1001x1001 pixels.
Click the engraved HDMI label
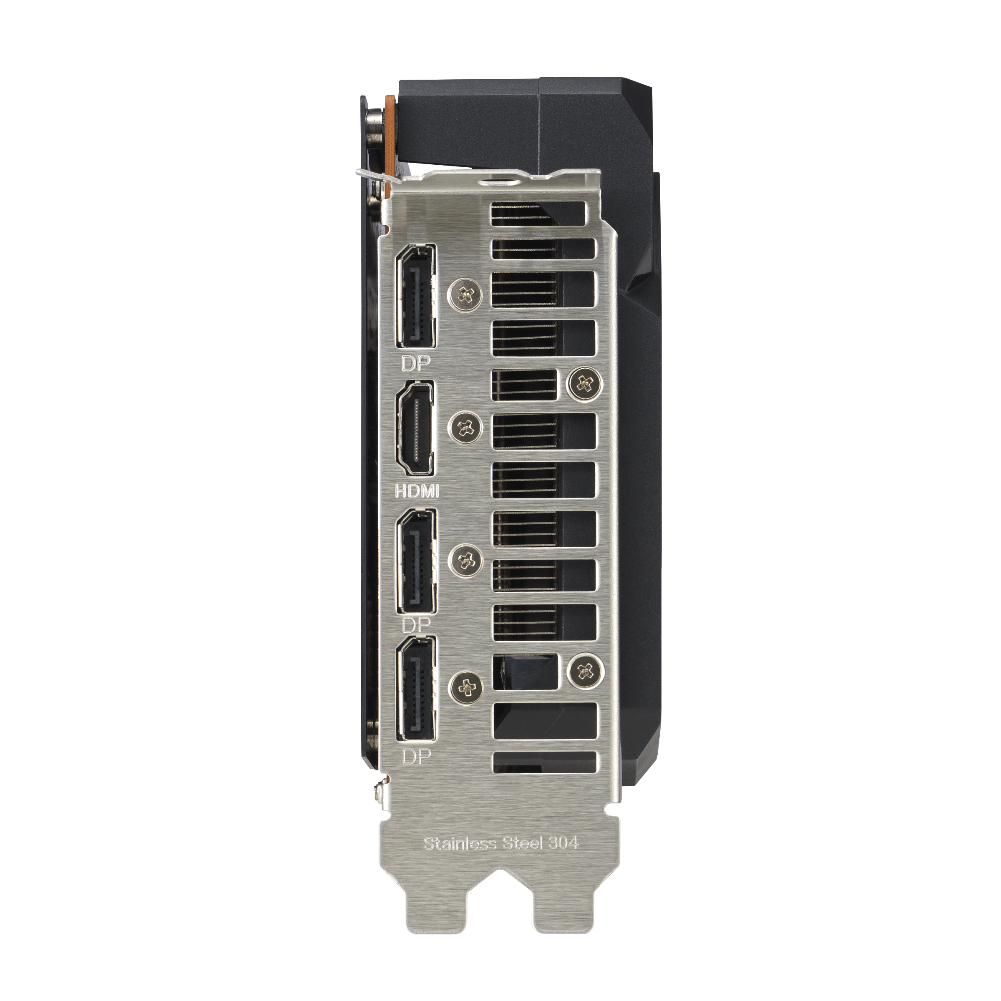(x=417, y=490)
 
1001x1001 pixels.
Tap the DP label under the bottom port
(x=417, y=757)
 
